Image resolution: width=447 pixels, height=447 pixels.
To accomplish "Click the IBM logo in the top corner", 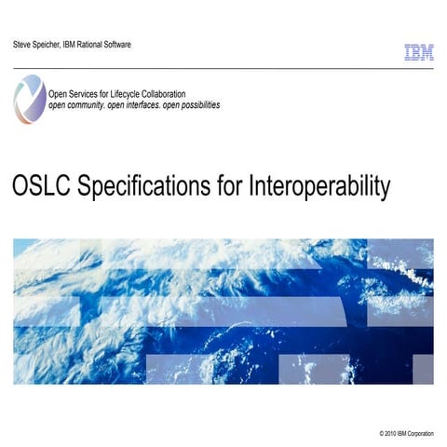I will coord(418,53).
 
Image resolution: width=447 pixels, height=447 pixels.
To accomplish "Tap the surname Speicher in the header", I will coord(54,45).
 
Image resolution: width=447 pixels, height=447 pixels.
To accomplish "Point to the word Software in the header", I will coord(138,45).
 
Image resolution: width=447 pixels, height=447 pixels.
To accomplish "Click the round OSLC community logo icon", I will coord(29,100).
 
